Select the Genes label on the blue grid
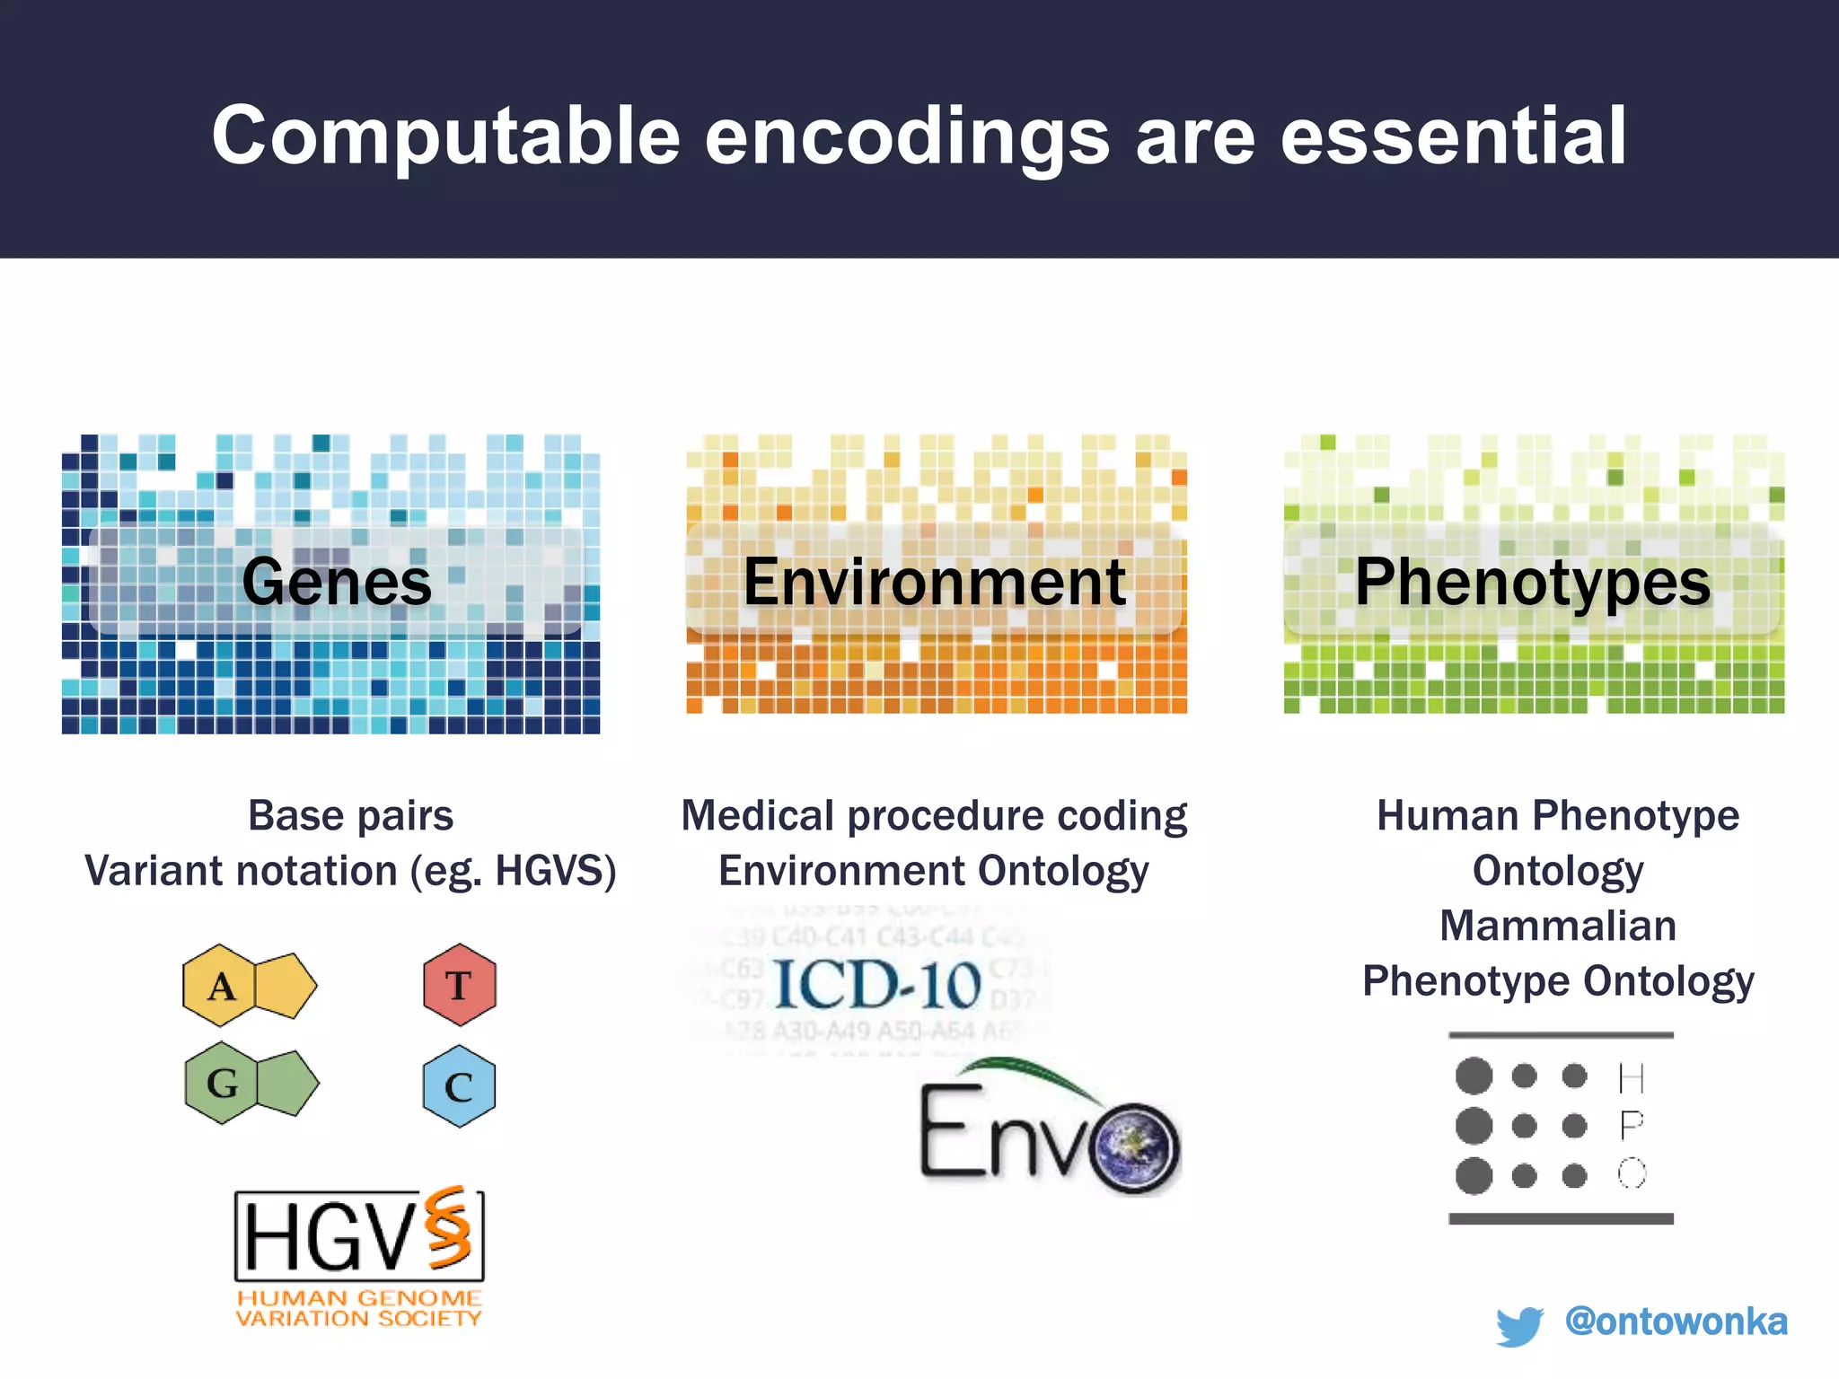pos(337,582)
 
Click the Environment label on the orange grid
pos(935,582)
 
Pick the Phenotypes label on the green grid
pos(1533,582)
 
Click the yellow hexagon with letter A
pos(221,986)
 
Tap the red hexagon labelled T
pos(459,985)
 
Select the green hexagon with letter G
pos(222,1083)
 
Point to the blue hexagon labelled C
pos(459,1086)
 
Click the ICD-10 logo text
pos(877,985)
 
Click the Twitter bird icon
pos(1519,1325)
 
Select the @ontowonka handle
pos(1676,1322)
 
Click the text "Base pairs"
pos(350,816)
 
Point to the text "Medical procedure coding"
pos(934,816)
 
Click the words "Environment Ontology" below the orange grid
pos(933,871)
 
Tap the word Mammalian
pos(1558,926)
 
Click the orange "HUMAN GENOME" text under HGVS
pos(359,1298)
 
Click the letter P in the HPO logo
pos(1632,1125)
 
